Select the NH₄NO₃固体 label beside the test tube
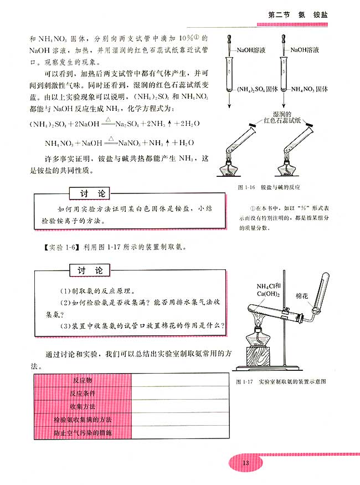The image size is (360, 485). [310, 89]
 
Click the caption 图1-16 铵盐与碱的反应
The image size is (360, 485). [271, 187]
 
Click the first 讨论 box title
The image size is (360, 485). [89, 193]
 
